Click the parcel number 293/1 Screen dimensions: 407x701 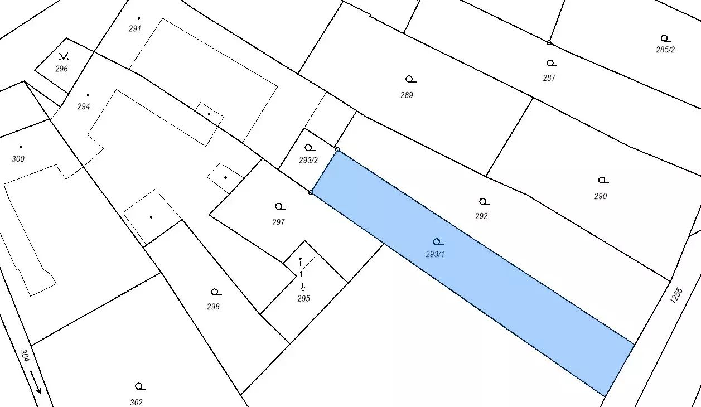(x=435, y=255)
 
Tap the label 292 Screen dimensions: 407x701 (x=481, y=216)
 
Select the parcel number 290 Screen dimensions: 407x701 (x=601, y=196)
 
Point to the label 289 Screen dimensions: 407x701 (x=407, y=95)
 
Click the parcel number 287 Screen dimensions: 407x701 (x=549, y=78)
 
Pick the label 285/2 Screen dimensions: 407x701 (x=665, y=50)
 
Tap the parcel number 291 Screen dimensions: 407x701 (x=135, y=29)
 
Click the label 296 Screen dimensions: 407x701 (x=61, y=69)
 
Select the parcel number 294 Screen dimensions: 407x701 (x=84, y=106)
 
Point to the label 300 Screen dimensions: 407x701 (x=18, y=159)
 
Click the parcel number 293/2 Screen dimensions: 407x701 (x=308, y=160)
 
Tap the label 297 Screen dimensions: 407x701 (x=278, y=222)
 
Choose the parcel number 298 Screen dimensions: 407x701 (x=213, y=307)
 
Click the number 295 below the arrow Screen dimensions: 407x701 (x=303, y=299)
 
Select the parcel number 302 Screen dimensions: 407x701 (x=137, y=402)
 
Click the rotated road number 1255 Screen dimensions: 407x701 (x=676, y=295)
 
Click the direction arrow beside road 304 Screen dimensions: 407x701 (x=36, y=381)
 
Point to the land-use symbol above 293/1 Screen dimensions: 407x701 (x=438, y=242)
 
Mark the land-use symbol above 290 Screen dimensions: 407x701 (x=602, y=180)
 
